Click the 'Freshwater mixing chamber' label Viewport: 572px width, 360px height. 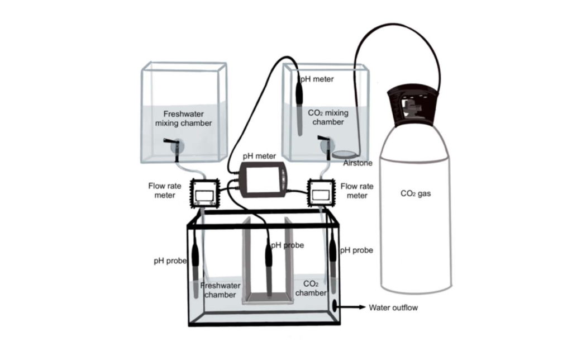pyautogui.click(x=184, y=118)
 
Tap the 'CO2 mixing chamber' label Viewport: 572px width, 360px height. pyautogui.click(x=328, y=117)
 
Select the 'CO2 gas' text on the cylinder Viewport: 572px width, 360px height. pyautogui.click(x=416, y=194)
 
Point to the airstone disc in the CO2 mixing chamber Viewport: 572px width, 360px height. pyautogui.click(x=345, y=153)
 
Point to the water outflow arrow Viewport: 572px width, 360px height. pyautogui.click(x=352, y=307)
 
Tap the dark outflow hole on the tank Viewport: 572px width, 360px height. pyautogui.click(x=335, y=306)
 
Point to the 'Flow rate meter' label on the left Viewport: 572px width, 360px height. pyautogui.click(x=161, y=191)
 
